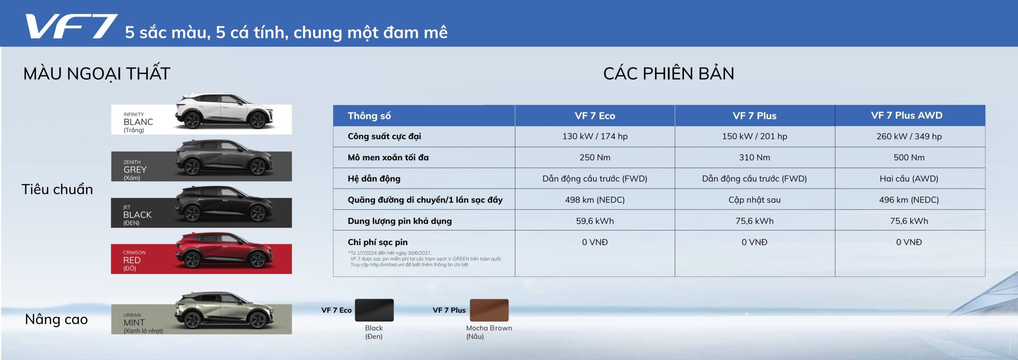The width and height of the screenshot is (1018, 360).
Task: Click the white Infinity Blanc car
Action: point(224,111)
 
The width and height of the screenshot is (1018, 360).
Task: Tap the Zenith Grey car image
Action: point(224,158)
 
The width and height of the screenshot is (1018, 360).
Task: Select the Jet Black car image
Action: point(224,204)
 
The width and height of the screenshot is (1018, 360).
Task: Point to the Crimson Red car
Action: point(224,251)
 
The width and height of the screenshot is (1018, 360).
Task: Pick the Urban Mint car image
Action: point(224,311)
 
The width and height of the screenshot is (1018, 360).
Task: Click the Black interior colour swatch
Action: point(374,310)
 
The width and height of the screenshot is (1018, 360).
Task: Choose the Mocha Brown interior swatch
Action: point(489,310)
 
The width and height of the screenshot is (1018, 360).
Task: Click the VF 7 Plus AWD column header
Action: point(907,115)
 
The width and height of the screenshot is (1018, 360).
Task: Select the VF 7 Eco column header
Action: point(595,116)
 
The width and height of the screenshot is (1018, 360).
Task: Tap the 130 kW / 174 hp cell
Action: point(595,136)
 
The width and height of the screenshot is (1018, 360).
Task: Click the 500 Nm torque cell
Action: point(909,158)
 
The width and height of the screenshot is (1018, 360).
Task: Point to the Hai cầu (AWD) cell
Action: point(909,179)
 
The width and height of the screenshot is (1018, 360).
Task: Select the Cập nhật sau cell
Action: point(754,200)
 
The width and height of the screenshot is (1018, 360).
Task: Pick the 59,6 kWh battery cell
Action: point(595,221)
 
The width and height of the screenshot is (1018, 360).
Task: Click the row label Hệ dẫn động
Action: point(374,179)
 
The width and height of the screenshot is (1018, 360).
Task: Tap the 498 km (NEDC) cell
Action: point(595,200)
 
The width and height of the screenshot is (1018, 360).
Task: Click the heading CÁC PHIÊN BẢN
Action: point(668,74)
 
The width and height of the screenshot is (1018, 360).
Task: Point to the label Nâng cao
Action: point(56,319)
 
